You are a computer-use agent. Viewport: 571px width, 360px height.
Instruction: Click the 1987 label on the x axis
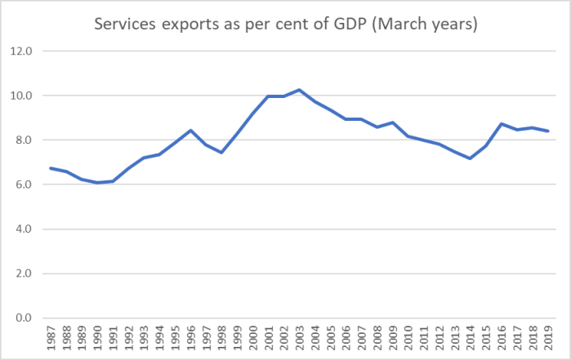(51, 336)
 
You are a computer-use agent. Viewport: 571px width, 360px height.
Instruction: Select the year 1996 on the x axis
(191, 336)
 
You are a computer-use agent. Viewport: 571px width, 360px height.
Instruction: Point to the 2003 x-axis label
(300, 336)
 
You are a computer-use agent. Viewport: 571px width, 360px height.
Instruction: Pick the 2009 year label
(393, 336)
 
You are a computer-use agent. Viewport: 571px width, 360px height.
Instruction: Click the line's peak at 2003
(300, 90)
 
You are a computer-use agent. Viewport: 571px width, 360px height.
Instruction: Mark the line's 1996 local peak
(191, 131)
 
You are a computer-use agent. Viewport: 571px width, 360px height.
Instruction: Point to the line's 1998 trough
(222, 153)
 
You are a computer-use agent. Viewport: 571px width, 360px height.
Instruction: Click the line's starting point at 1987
(51, 168)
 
